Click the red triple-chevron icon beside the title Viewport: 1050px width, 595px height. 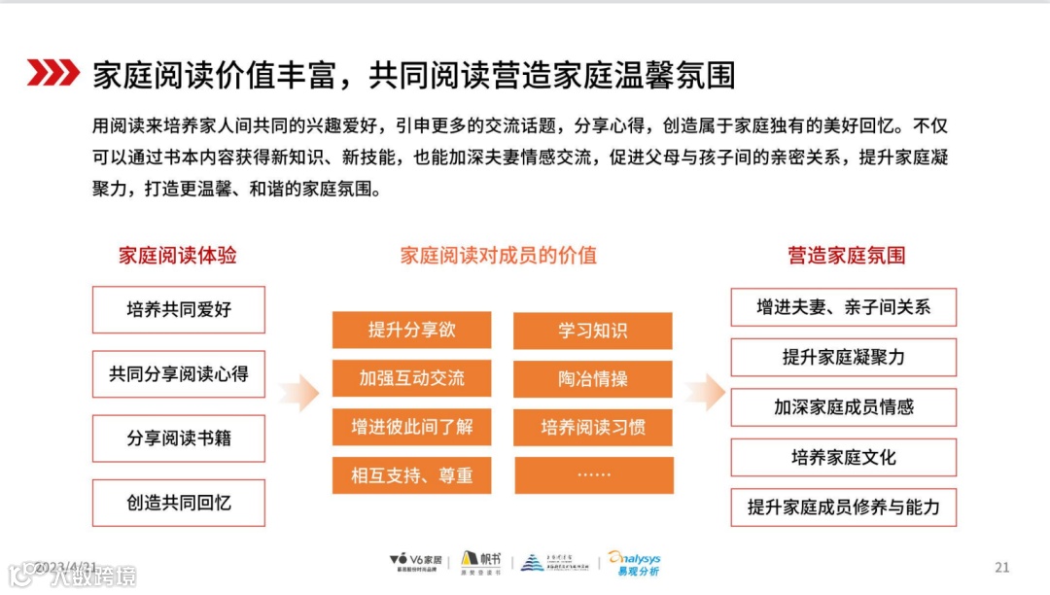(52, 72)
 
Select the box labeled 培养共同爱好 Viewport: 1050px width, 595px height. (179, 310)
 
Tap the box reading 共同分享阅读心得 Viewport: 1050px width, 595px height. (179, 374)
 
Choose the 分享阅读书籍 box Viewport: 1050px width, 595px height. (179, 438)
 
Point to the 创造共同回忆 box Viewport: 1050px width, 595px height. (179, 503)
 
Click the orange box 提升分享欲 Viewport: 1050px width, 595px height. (411, 331)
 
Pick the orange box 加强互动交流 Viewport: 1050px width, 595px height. (411, 378)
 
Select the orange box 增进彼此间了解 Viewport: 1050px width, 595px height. (411, 427)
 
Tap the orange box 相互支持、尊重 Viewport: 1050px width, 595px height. (411, 475)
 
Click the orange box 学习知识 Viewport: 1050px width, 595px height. (593, 331)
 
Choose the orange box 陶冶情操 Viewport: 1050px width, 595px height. (593, 378)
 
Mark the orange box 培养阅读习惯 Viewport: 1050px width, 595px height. (593, 427)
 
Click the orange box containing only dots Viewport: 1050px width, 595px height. (593, 475)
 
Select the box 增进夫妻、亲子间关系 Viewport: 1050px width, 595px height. (843, 307)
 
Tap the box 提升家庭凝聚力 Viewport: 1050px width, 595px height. (843, 357)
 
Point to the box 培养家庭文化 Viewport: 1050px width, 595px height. (843, 457)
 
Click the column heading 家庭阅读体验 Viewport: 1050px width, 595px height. (178, 256)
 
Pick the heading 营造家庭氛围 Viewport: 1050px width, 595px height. (846, 256)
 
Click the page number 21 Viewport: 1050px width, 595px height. (1002, 567)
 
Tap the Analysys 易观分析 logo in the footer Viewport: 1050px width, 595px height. (635, 564)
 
